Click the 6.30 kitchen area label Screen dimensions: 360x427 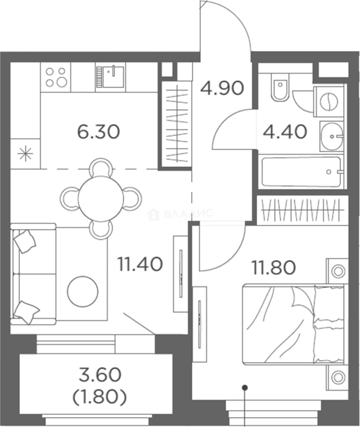[98, 132]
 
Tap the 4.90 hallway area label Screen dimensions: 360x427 [222, 88]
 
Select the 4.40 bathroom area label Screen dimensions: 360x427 [285, 132]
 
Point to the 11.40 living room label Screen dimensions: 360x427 [140, 264]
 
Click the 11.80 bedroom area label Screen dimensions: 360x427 [274, 267]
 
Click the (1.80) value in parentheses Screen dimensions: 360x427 [100, 397]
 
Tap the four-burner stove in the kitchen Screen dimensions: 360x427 [56, 77]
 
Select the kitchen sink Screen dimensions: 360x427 [110, 77]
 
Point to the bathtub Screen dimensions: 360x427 [301, 172]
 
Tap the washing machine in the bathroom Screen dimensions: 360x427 [329, 102]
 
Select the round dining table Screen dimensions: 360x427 [100, 198]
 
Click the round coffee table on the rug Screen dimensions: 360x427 [83, 292]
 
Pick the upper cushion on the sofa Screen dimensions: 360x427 [25, 241]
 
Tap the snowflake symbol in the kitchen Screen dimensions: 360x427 [25, 154]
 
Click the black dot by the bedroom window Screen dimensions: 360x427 [245, 387]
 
